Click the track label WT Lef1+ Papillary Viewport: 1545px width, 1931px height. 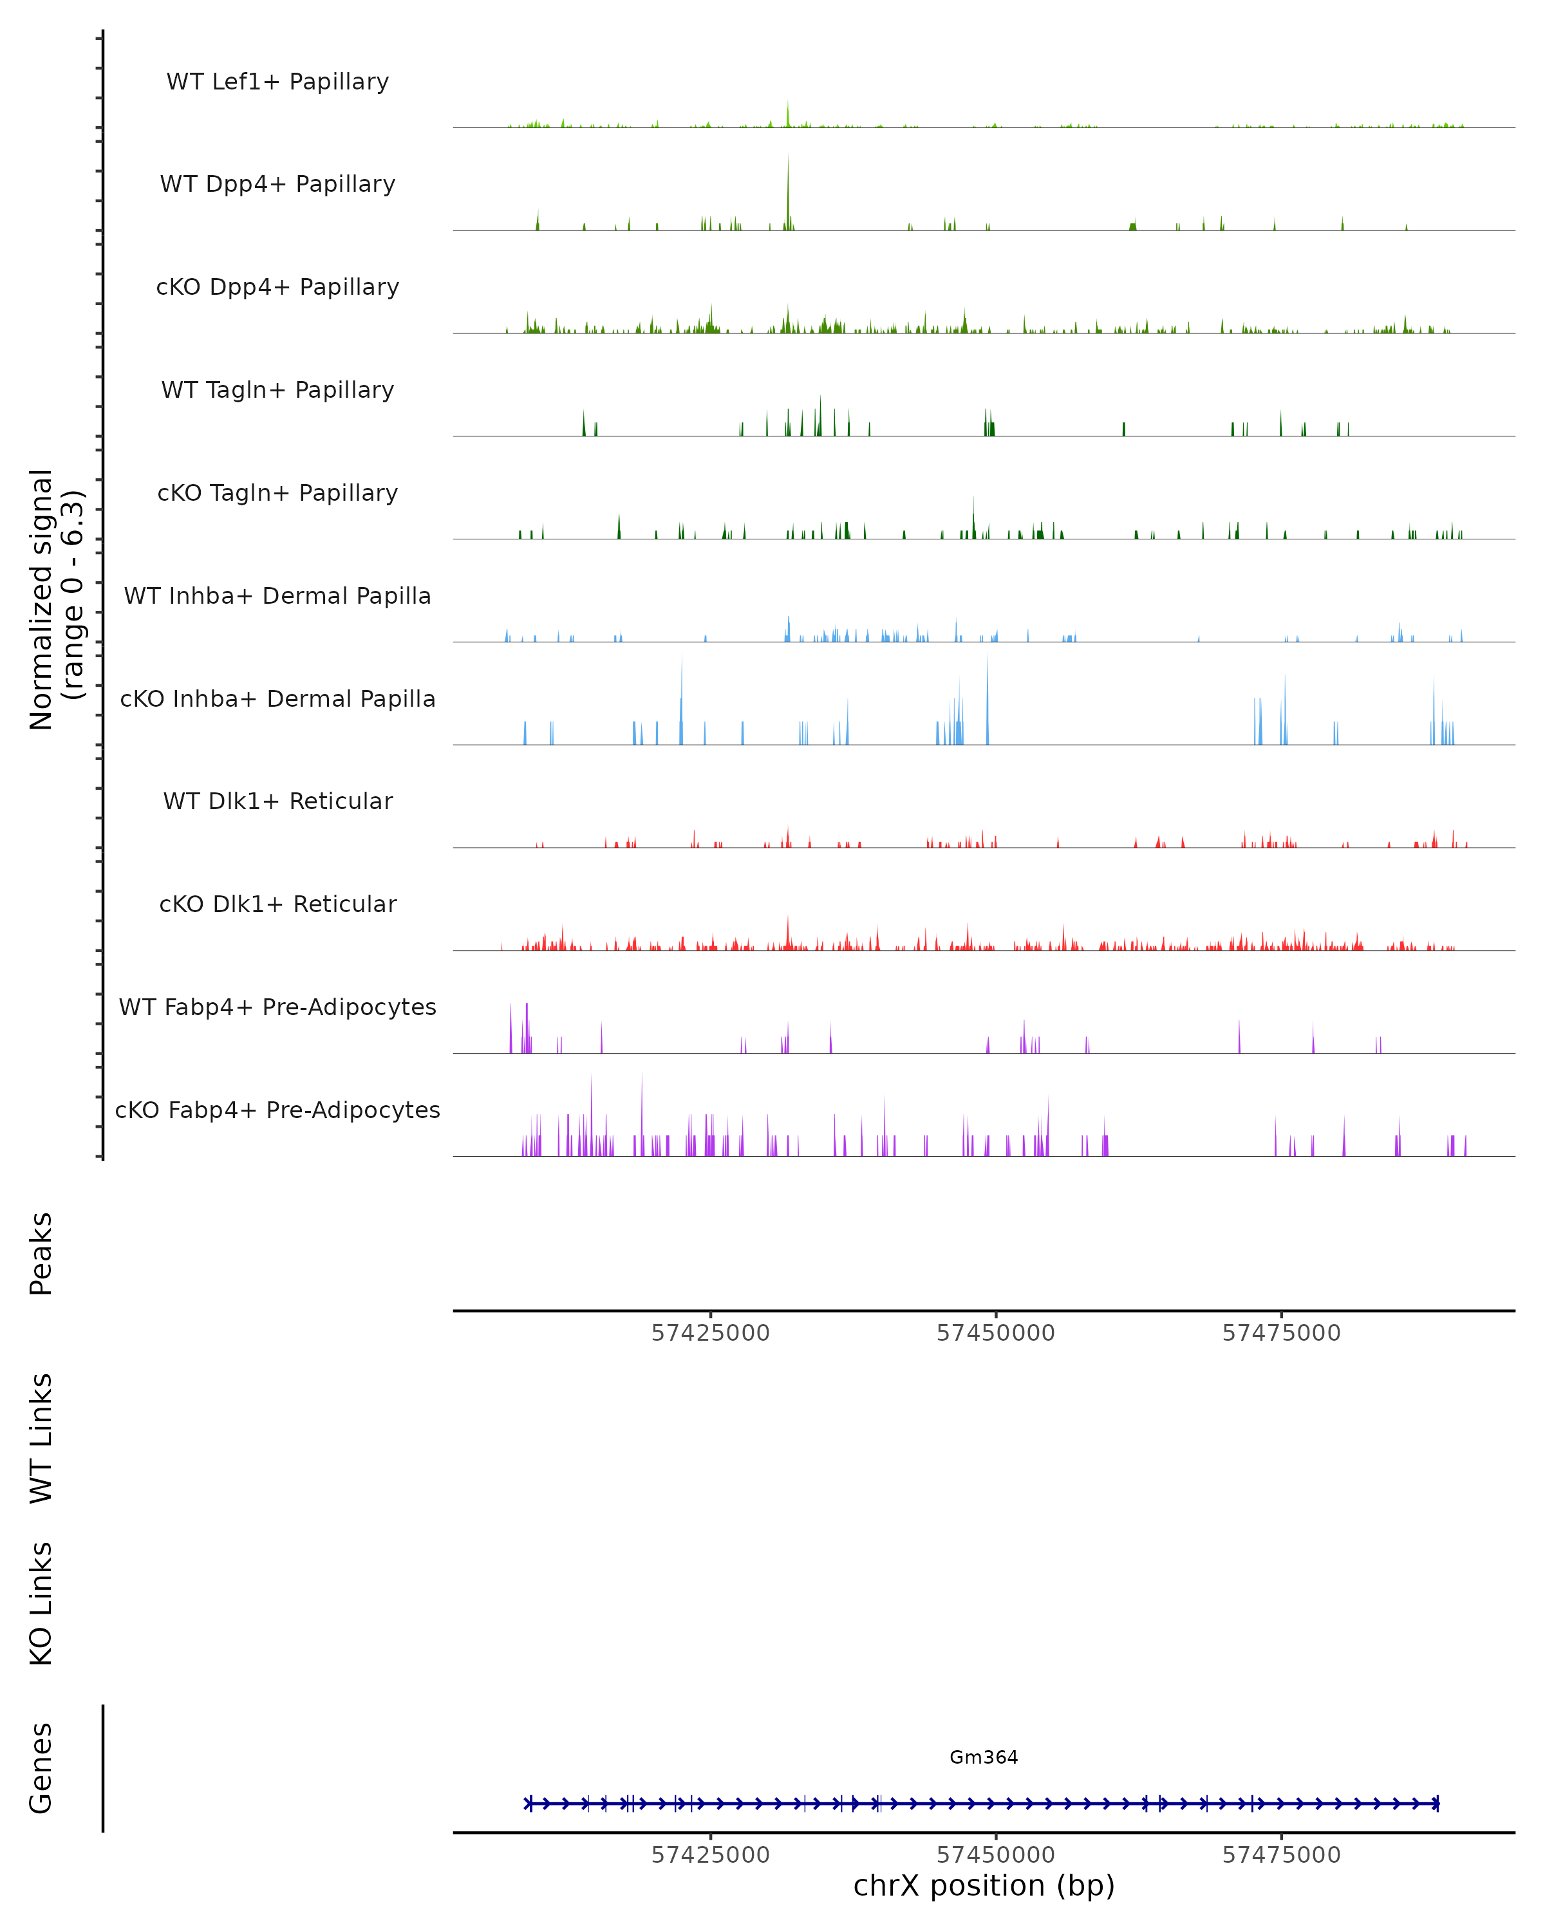pos(277,82)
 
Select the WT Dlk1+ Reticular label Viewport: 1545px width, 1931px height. pos(277,801)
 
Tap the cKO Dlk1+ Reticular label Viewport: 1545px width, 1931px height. pos(277,904)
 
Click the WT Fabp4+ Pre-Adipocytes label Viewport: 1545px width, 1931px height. pos(277,1007)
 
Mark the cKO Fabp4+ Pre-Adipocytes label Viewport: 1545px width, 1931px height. pos(277,1110)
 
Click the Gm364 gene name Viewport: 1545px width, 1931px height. pos(984,1757)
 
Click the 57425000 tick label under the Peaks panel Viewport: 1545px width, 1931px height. pos(710,1333)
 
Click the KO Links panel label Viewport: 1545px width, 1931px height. pos(41,1603)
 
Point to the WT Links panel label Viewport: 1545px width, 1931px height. pos(41,1439)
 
